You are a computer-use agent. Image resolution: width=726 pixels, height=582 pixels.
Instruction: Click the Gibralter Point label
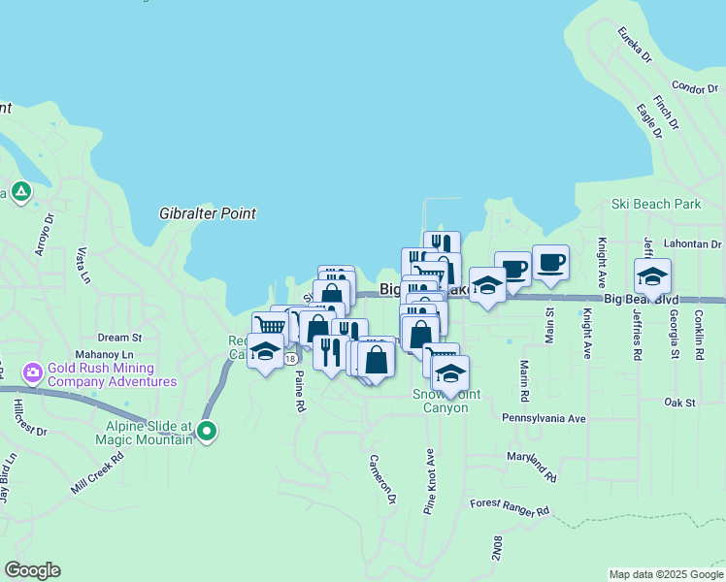pyautogui.click(x=208, y=212)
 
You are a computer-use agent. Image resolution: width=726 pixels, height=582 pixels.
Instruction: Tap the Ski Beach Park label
pyautogui.click(x=656, y=205)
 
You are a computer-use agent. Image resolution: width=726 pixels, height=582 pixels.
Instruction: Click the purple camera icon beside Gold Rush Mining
pyautogui.click(x=33, y=372)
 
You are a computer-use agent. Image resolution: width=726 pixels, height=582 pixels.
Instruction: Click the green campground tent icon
pyautogui.click(x=19, y=191)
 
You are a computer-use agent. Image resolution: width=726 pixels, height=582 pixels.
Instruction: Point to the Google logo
pyautogui.click(x=32, y=570)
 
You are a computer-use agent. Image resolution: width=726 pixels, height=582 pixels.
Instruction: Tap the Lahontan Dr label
pyautogui.click(x=692, y=244)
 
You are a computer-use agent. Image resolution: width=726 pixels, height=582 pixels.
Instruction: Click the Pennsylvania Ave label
pyautogui.click(x=544, y=418)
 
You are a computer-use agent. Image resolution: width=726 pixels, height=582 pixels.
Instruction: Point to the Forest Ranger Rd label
pyautogui.click(x=510, y=507)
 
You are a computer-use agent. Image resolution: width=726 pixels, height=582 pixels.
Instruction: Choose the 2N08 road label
pyautogui.click(x=497, y=547)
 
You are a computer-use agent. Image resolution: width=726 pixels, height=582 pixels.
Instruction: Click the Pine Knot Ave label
pyautogui.click(x=428, y=480)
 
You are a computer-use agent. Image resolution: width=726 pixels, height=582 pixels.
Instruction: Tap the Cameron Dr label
pyautogui.click(x=382, y=480)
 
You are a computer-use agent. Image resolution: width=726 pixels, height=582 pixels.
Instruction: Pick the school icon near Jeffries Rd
pyautogui.click(x=652, y=276)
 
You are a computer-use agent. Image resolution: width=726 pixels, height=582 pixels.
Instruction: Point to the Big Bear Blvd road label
pyautogui.click(x=640, y=300)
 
